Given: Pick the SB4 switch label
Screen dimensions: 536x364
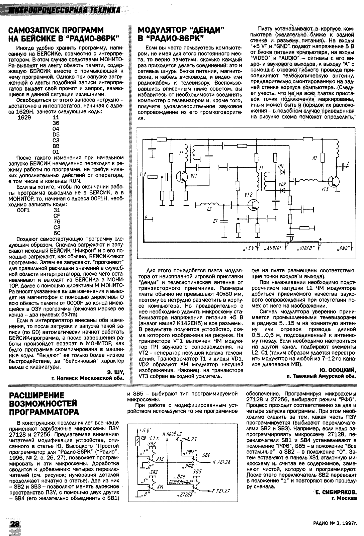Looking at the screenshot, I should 206,455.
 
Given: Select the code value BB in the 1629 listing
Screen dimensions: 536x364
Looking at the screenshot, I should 56,146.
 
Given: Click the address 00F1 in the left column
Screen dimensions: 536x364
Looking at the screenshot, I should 23,210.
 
